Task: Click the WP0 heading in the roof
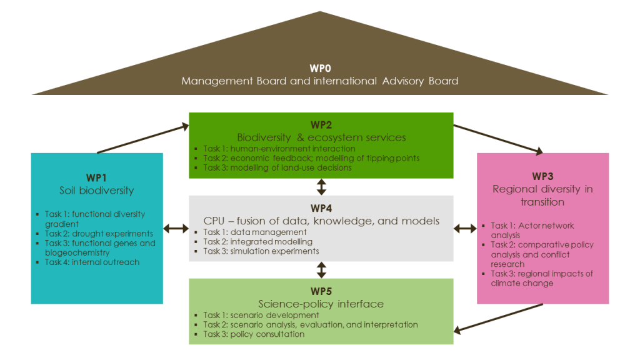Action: (319, 67)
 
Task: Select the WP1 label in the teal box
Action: (97, 177)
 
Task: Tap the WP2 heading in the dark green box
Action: (321, 125)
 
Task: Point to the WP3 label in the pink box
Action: (542, 176)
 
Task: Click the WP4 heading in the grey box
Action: (321, 208)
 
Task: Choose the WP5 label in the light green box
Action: (321, 292)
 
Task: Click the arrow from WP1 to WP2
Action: (142, 139)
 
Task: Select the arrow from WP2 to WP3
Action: (497, 139)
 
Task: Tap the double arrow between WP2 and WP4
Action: (321, 187)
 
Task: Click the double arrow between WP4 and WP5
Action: (321, 270)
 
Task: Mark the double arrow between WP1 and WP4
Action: (176, 229)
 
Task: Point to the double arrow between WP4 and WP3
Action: (465, 229)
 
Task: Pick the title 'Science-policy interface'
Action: (321, 304)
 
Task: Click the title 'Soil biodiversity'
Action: (97, 190)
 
